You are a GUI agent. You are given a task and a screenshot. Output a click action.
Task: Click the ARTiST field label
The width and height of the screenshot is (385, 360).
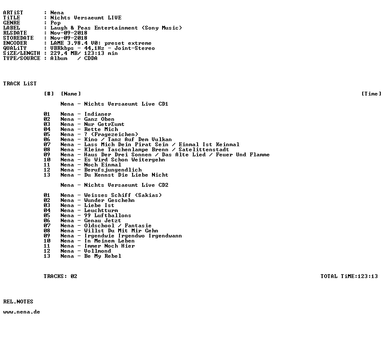(13, 13)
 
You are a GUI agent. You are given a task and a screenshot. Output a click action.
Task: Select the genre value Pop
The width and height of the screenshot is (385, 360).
(55, 23)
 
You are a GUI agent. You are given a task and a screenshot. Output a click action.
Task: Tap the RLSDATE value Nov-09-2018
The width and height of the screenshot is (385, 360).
(69, 33)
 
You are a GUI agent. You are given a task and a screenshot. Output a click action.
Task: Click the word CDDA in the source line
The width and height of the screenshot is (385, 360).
(91, 58)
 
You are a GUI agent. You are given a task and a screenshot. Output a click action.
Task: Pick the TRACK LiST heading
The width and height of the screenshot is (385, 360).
(20, 84)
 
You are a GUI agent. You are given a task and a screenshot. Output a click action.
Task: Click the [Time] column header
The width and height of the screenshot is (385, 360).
(371, 94)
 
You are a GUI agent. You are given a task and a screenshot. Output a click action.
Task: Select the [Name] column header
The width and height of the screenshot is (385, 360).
(71, 94)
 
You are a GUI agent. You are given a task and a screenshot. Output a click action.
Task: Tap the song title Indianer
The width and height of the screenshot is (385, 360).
(98, 114)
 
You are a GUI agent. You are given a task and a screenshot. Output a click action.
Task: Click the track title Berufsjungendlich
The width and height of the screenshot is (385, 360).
(113, 170)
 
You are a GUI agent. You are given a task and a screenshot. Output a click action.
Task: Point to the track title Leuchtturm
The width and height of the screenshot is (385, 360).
(101, 210)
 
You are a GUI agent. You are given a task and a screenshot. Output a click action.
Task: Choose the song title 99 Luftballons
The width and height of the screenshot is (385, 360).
(108, 215)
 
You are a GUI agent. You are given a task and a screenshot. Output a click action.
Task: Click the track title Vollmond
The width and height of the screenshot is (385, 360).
(98, 251)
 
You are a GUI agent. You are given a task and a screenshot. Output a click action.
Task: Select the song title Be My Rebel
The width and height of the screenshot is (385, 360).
(103, 256)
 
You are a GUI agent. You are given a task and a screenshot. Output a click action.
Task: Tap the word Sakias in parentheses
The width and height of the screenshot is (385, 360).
(148, 195)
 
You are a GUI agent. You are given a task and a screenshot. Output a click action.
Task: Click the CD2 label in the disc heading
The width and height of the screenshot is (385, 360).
(163, 185)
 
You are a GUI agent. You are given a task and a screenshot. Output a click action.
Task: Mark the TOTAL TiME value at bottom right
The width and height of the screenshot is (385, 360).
(368, 276)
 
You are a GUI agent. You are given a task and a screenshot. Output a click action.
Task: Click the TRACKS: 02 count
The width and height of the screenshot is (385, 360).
(60, 276)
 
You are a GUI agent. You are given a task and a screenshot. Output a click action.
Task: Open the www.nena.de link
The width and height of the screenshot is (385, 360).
(22, 312)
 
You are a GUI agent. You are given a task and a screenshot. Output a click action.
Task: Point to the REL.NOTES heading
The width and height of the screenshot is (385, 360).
(18, 302)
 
